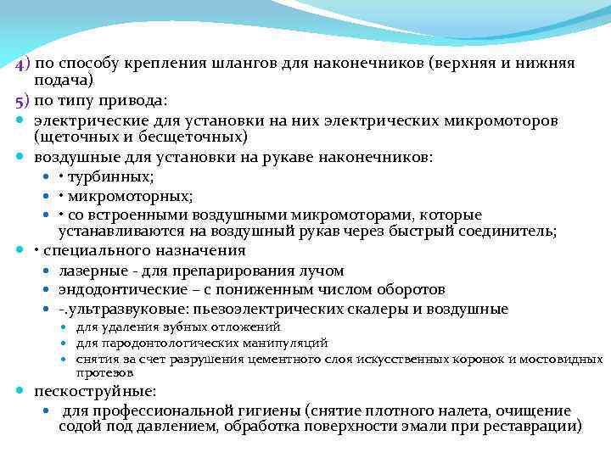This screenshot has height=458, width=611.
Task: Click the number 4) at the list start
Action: click(x=22, y=63)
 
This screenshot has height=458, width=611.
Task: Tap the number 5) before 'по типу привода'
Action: click(x=22, y=100)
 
